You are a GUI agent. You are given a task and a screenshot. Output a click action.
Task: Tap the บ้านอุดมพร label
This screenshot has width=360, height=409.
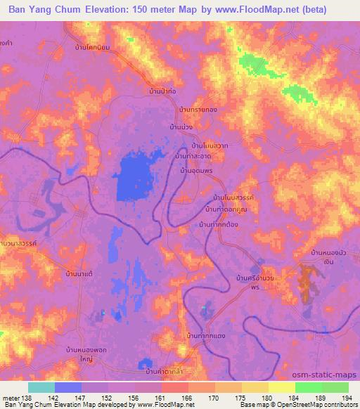point(197,171)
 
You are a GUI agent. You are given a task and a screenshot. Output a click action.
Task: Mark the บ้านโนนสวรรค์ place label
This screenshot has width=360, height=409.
point(233,199)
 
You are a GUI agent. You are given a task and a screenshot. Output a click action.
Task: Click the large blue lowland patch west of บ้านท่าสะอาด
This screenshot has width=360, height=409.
point(137,176)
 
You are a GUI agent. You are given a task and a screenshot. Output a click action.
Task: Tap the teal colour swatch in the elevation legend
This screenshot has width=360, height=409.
point(41,387)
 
